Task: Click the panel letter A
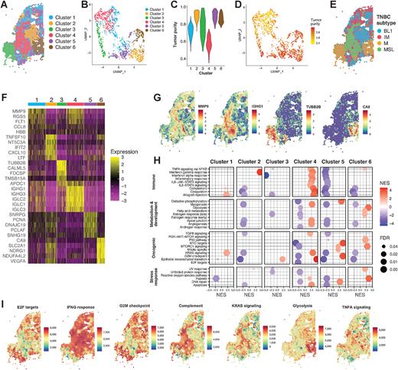click(x=4, y=5)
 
